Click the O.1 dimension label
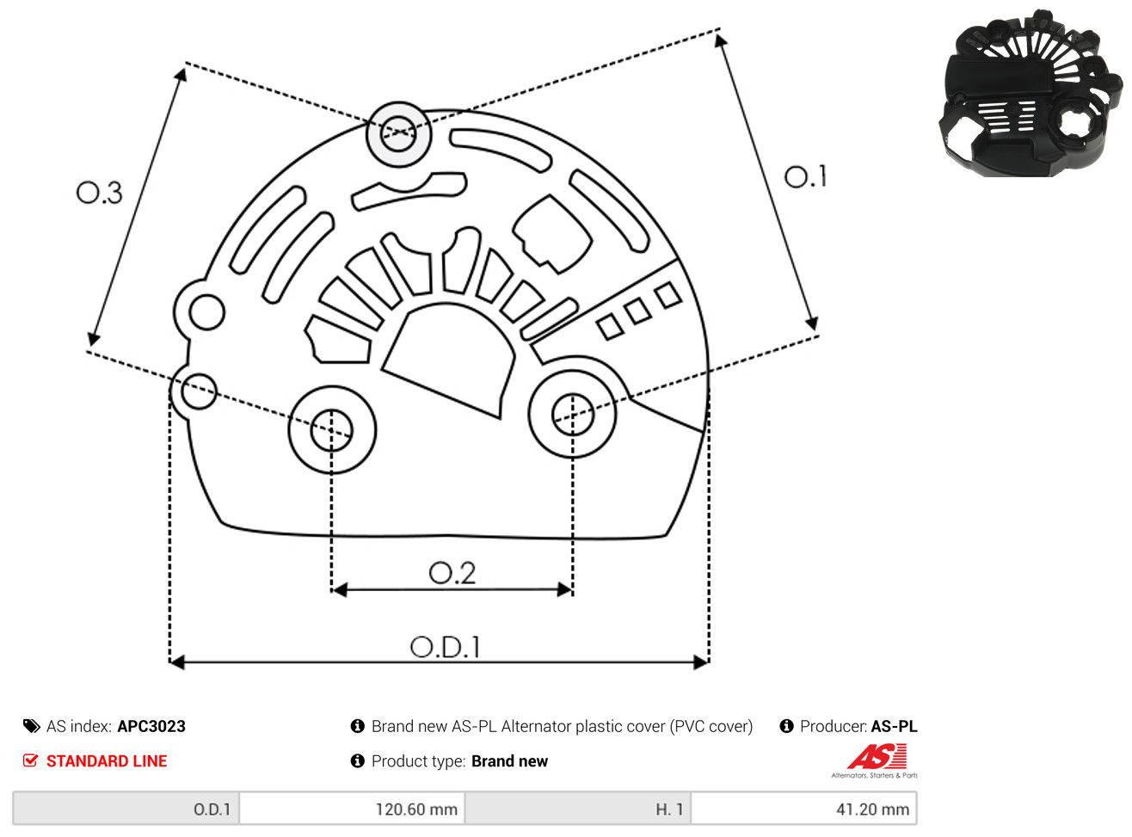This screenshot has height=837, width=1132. [805, 176]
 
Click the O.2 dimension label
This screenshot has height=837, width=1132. [452, 573]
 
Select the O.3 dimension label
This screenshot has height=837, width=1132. [100, 193]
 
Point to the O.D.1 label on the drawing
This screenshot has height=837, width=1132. [445, 647]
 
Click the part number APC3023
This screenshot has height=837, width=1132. [151, 726]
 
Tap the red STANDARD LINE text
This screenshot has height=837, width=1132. [107, 761]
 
